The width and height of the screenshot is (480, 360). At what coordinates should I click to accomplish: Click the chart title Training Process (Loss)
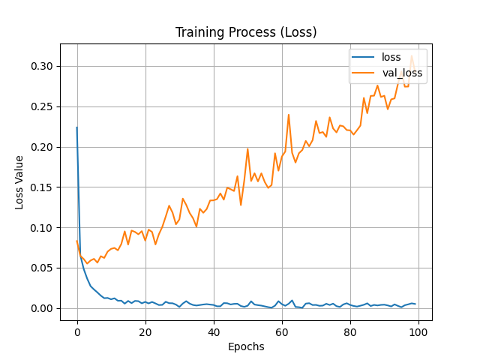point(246,32)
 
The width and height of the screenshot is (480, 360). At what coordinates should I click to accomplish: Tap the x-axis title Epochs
point(246,346)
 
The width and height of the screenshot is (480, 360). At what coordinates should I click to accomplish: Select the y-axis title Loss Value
point(20,182)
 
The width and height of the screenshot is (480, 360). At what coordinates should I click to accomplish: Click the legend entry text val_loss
point(403,73)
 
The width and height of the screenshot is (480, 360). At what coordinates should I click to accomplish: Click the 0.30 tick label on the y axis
point(42,66)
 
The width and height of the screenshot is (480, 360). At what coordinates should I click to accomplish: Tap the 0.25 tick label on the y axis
point(42,106)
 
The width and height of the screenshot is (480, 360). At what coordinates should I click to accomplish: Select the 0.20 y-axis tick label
point(42,147)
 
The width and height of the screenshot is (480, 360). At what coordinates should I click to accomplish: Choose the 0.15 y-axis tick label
point(42,187)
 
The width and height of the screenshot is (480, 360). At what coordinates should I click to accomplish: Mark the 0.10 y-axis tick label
point(42,228)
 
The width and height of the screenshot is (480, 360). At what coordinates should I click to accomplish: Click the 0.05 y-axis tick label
point(42,268)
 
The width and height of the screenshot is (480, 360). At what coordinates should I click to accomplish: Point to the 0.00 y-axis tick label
point(42,308)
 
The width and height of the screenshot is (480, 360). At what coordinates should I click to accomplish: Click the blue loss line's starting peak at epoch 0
point(76,127)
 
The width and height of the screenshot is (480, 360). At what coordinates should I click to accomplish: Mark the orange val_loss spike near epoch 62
point(289,115)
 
